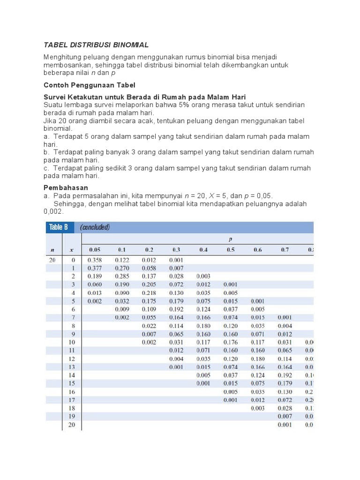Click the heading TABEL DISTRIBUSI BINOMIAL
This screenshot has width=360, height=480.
coord(96,45)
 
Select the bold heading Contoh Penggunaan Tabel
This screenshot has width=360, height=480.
coord(89,85)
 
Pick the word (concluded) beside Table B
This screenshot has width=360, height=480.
coord(95,227)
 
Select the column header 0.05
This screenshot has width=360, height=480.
coord(94,250)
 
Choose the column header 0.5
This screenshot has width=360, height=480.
coord(231,250)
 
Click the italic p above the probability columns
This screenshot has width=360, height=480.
coord(230,239)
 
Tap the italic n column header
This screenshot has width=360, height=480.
coord(52,250)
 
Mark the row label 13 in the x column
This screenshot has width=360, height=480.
coord(72,367)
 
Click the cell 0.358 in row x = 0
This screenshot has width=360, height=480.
coord(94,260)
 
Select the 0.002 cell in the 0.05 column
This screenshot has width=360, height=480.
coord(94,301)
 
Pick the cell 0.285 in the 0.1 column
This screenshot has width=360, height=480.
coord(121,276)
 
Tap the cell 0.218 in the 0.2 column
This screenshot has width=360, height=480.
coord(149,293)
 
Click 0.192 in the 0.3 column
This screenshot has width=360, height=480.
coord(176,309)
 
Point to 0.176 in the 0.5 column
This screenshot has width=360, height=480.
coord(231,342)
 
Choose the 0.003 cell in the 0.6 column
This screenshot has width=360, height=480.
coord(258,408)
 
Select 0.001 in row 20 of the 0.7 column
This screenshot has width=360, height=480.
coord(285,425)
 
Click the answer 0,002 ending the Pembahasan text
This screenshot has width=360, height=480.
coord(53,211)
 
